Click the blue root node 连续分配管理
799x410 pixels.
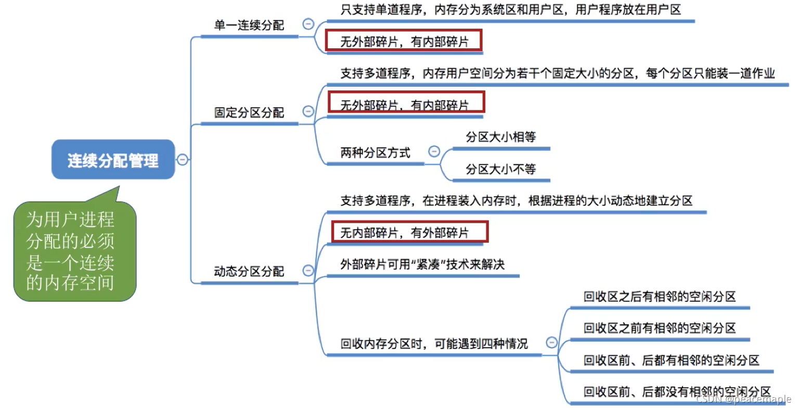tap(113, 160)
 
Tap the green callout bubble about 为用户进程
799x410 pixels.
tap(73, 251)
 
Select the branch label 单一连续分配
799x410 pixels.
tap(249, 25)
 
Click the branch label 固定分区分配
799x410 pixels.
tap(249, 112)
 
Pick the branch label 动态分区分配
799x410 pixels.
tap(249, 271)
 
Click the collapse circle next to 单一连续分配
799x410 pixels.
tap(308, 24)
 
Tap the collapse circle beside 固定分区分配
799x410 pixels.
tap(308, 111)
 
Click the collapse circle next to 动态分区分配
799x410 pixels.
tap(308, 271)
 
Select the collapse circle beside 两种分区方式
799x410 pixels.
tap(434, 151)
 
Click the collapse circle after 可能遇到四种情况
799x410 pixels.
tap(552, 342)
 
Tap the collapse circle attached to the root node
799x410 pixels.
tap(183, 159)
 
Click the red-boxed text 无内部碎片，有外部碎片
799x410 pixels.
tap(405, 233)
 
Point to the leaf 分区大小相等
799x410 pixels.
tap(500, 137)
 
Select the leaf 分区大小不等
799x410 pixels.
tap(500, 169)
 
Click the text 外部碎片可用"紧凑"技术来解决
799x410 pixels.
tap(422, 264)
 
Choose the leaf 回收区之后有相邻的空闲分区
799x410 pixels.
tap(660, 297)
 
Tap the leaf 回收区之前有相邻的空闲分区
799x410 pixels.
tap(660, 328)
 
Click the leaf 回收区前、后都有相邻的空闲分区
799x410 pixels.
tap(671, 360)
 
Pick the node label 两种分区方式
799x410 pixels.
tap(375, 153)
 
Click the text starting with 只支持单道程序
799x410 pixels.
tap(510, 10)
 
